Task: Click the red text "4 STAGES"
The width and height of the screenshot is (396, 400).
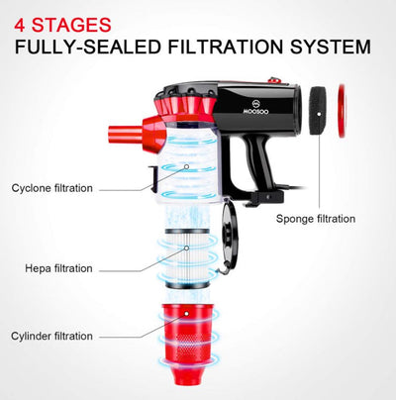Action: (62, 25)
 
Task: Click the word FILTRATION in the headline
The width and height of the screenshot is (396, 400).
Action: (226, 47)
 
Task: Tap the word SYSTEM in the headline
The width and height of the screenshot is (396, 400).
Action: (331, 47)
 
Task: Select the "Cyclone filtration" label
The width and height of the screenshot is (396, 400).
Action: (52, 188)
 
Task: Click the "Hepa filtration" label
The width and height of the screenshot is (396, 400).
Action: (58, 268)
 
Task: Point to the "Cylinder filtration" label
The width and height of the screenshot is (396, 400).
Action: (51, 336)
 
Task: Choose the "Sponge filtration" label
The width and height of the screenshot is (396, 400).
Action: (316, 219)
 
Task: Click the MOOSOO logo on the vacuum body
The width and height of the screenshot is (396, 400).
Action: (255, 108)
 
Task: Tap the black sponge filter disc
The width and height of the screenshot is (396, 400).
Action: (318, 111)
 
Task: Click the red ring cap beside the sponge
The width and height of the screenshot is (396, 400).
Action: (342, 111)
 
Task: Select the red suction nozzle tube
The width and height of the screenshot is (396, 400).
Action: (126, 135)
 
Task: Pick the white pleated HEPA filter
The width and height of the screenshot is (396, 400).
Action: (187, 258)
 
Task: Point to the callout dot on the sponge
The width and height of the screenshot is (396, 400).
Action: (319, 114)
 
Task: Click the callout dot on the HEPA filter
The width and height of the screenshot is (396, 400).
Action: (186, 248)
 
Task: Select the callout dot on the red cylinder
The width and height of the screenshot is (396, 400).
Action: (186, 314)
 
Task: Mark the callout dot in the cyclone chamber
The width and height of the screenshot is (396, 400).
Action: (186, 166)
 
